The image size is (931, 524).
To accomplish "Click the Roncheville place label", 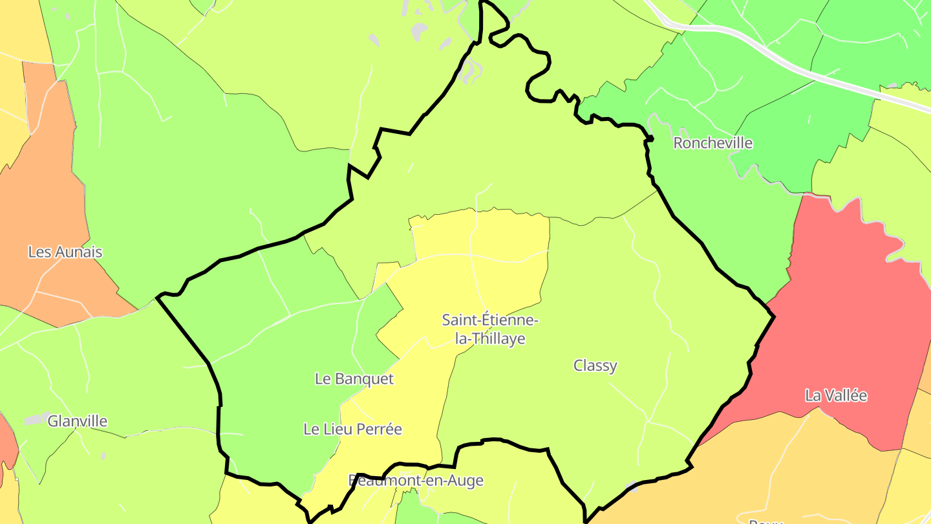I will [713, 143].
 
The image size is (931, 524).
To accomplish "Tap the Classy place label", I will [595, 366].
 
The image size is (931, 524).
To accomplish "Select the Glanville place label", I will [78, 421].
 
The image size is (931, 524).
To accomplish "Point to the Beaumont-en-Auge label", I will [416, 481].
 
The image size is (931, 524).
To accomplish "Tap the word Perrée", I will [376, 429].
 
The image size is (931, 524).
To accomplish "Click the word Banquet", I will [363, 378].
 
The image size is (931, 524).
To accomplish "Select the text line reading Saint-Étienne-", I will [490, 320].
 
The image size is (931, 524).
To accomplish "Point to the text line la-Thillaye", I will [490, 338].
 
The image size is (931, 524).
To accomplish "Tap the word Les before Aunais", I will [39, 252].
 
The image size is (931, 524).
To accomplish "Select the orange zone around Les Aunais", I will [45, 194].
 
